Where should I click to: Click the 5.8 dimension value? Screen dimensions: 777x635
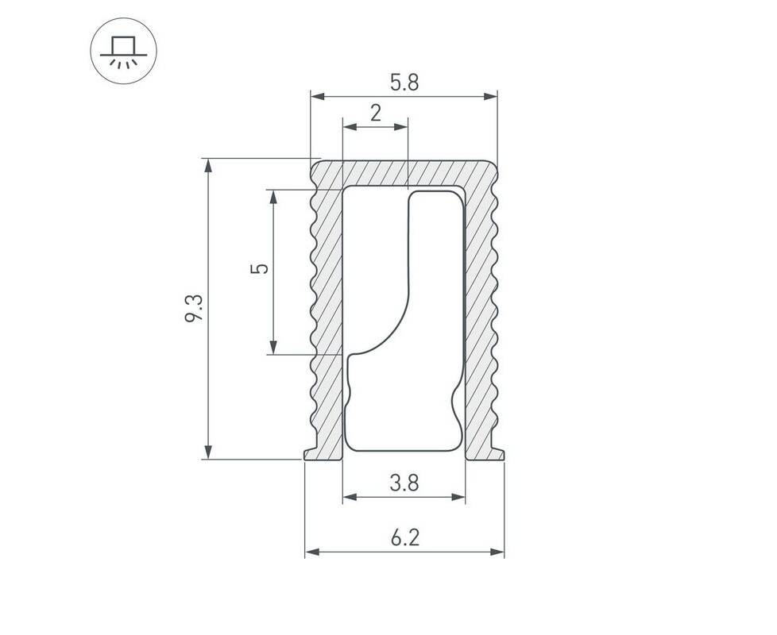tap(404, 83)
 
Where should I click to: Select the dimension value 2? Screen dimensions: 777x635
tap(376, 114)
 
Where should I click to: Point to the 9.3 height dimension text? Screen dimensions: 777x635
tap(193, 308)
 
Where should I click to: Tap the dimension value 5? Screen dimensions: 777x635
tap(260, 268)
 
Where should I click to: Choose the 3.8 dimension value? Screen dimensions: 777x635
tap(404, 483)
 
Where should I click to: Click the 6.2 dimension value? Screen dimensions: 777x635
tap(405, 537)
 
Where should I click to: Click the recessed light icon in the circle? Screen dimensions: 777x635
tap(123, 51)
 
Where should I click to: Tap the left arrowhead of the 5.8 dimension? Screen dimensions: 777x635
tap(317, 97)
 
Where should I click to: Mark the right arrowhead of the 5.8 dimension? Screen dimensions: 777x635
tap(490, 97)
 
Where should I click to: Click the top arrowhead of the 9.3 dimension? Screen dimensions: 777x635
tap(209, 166)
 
